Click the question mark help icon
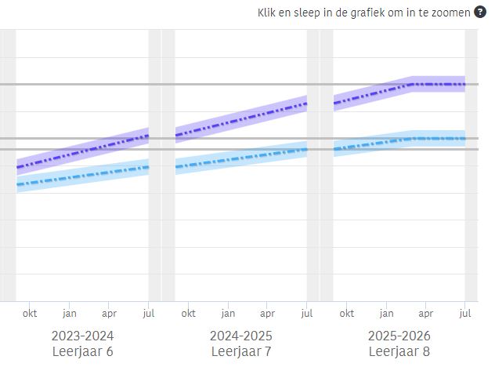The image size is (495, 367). click(480, 13)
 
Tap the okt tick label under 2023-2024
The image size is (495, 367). click(30, 313)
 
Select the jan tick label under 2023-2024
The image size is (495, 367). click(70, 313)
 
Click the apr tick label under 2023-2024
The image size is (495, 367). click(109, 313)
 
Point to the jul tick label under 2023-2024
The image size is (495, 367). click(149, 313)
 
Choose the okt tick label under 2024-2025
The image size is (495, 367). click(189, 313)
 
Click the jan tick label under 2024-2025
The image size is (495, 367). click(228, 313)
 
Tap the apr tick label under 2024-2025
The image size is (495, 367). click(267, 313)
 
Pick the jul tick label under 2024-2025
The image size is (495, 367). click(307, 313)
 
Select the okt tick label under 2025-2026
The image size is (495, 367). click(347, 313)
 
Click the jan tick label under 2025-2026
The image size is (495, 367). click(386, 313)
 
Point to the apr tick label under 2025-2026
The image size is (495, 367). click(425, 313)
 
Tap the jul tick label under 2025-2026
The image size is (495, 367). click(466, 313)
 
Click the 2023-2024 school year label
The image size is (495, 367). click(83, 336)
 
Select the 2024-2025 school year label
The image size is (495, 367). click(241, 336)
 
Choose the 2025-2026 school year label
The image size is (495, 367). click(399, 336)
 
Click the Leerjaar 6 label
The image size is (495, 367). click(83, 351)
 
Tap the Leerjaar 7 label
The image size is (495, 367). click(241, 351)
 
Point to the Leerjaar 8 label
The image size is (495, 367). click(399, 351)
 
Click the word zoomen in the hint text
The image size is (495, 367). click(449, 13)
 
